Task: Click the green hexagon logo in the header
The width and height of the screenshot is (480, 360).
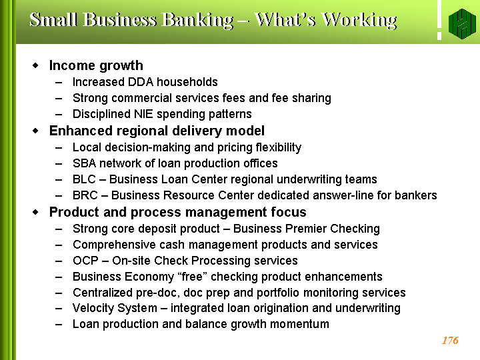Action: (x=462, y=23)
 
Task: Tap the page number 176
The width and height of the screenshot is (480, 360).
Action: (x=450, y=341)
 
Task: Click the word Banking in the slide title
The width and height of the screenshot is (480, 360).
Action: (x=197, y=21)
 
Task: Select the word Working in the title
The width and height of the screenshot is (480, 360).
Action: (x=360, y=21)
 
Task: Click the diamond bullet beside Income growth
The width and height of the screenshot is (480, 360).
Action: (x=35, y=65)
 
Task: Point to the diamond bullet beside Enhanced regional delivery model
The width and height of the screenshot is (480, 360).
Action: (x=35, y=131)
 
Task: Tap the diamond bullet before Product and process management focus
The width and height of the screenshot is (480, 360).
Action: (x=35, y=212)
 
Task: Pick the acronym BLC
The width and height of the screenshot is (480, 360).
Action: (x=84, y=179)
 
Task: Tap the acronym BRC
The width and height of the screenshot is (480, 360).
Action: (x=85, y=195)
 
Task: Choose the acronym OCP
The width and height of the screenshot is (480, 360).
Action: (x=85, y=261)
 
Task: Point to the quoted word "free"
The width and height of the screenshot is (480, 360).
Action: (x=193, y=277)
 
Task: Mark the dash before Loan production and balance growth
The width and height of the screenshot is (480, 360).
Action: (x=59, y=325)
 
